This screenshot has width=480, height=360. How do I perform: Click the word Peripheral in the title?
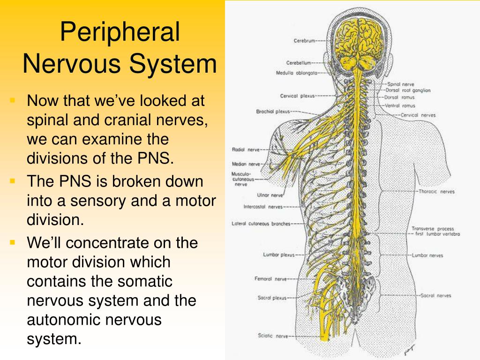120,32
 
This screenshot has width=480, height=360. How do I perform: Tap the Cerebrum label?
304,40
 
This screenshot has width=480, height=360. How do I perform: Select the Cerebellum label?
299,63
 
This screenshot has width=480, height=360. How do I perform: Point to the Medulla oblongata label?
296,73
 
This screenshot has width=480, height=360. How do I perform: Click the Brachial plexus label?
273,112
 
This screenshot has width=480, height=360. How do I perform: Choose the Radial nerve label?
246,150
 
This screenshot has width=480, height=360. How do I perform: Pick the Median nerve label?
246,164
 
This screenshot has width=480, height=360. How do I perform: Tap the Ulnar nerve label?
270,195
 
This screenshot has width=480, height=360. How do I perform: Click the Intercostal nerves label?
263,207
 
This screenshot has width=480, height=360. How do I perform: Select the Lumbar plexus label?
278,255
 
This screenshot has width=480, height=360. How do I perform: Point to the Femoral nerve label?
270,279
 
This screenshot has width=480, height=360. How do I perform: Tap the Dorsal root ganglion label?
408,90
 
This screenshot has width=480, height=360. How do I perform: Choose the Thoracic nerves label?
436,192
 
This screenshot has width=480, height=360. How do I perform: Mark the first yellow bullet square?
12,100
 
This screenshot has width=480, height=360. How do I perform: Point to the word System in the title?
172,64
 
